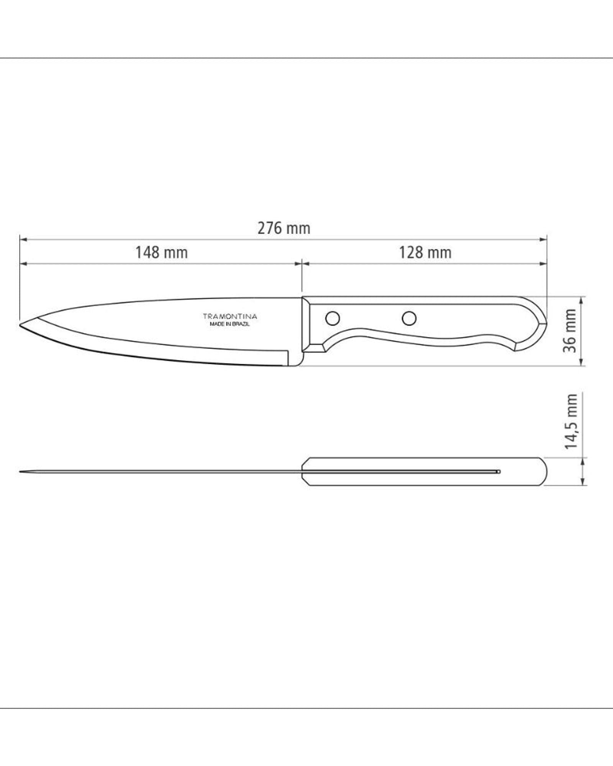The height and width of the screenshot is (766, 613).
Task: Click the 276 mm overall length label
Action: coord(284,229)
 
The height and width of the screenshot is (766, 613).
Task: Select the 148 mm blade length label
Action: coord(161,253)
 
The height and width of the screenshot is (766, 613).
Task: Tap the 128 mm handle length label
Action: coord(425,253)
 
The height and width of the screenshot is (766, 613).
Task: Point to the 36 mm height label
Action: coord(570,331)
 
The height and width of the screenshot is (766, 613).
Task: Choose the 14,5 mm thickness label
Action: coord(570,421)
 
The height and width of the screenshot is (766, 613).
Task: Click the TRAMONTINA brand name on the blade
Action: coord(230,317)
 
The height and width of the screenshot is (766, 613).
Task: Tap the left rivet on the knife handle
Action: coord(332,318)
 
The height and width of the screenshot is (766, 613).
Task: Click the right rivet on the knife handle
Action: coord(409,318)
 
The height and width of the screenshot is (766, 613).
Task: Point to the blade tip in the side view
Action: coord(20,325)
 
